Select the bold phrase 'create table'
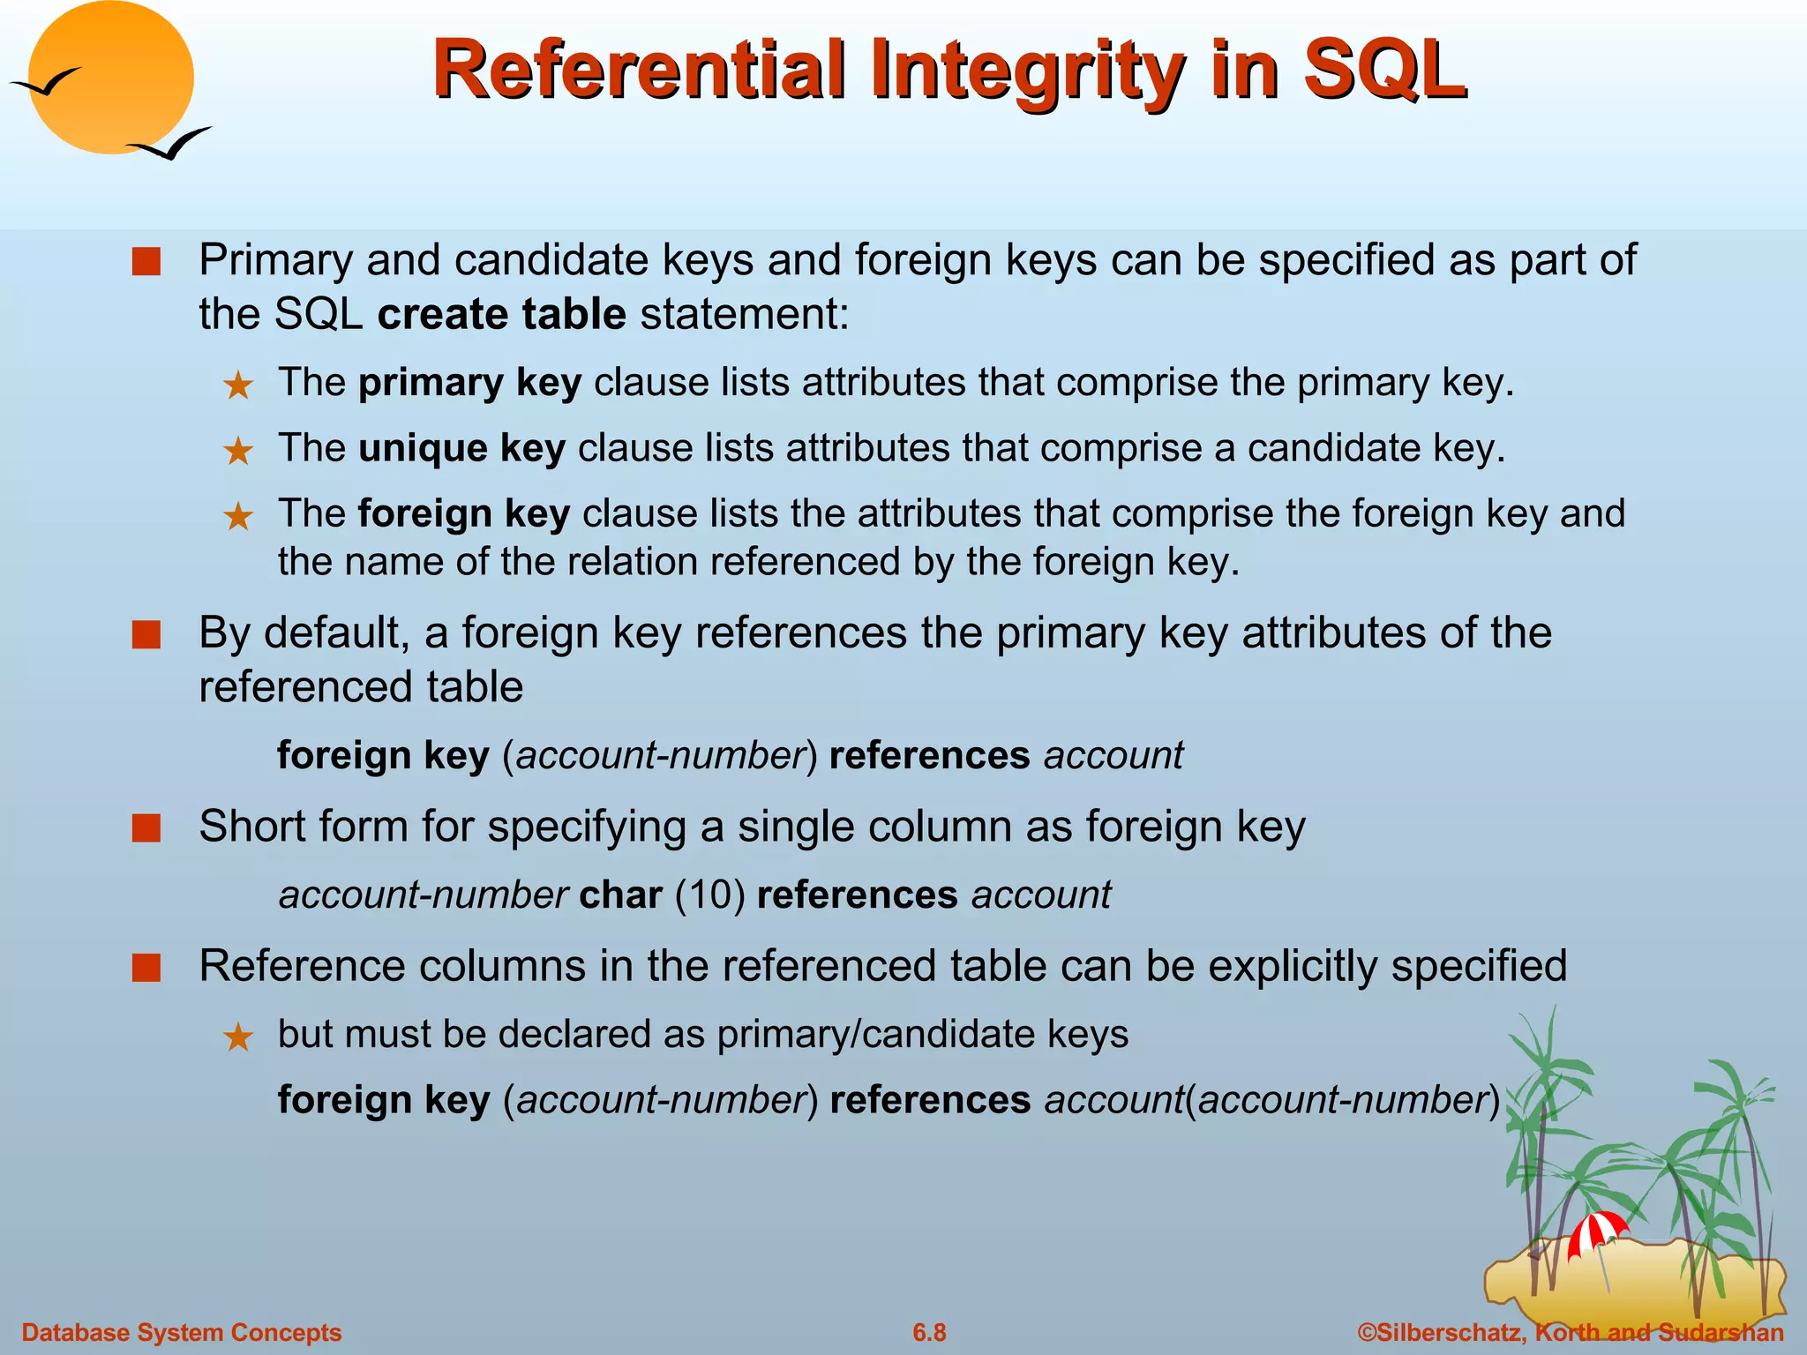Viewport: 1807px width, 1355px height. (x=501, y=314)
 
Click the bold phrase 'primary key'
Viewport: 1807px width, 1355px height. (x=469, y=383)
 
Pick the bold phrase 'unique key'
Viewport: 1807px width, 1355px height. (x=461, y=448)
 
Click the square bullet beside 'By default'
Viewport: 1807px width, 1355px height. (x=146, y=635)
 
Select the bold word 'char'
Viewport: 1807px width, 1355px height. (x=620, y=895)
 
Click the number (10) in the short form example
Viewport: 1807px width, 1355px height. (x=710, y=895)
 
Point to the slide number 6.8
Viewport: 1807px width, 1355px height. (x=929, y=1332)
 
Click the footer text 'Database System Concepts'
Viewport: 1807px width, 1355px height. (x=182, y=1332)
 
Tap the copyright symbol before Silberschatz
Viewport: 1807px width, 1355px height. (x=1367, y=1332)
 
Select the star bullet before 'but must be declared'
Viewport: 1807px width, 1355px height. (x=238, y=1037)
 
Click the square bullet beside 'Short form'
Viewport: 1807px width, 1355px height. (x=146, y=829)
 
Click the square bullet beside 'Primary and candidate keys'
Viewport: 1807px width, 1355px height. (x=146, y=262)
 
